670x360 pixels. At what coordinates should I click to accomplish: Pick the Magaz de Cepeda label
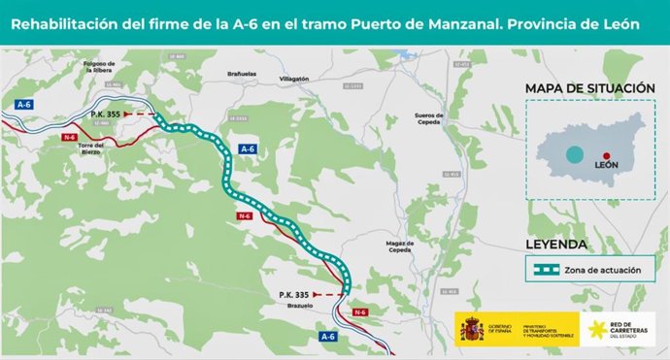click(401, 247)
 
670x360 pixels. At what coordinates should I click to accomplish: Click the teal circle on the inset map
click(576, 154)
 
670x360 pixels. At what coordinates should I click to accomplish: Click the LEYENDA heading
click(555, 243)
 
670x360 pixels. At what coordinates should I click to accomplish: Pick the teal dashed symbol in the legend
click(545, 269)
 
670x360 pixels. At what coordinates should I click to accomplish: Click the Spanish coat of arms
click(471, 329)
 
